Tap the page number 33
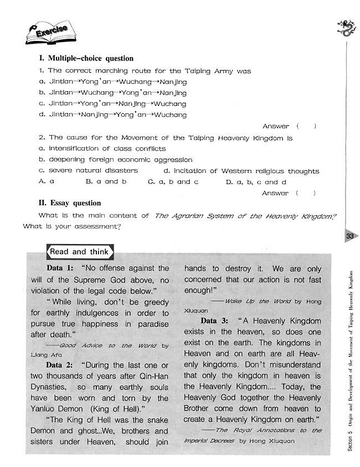point(349,236)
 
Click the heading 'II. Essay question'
point(70,203)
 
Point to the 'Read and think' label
point(79,252)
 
